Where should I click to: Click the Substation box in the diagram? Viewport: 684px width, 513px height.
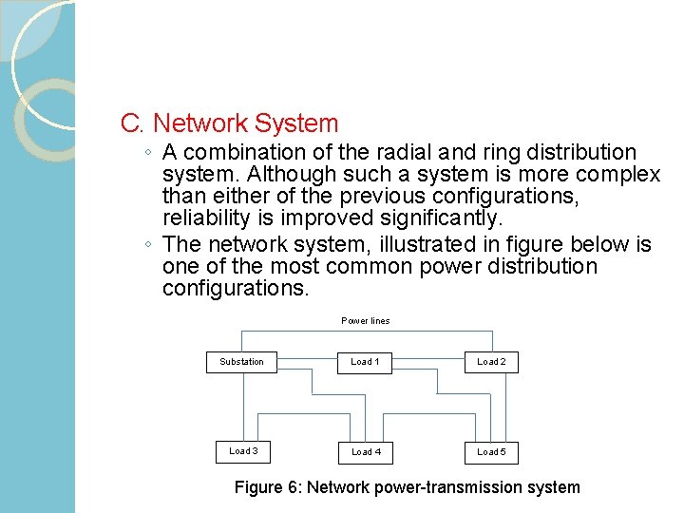(242, 362)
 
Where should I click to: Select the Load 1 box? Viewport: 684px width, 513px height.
(365, 362)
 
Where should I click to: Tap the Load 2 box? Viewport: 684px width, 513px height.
(491, 362)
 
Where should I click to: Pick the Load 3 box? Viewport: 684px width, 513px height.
(243, 451)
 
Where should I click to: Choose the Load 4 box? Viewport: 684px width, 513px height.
(366, 451)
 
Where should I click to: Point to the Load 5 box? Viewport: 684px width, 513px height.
(491, 451)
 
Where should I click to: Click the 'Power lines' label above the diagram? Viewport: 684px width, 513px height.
(366, 321)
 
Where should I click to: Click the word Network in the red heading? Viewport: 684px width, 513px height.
(198, 123)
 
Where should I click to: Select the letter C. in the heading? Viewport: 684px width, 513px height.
(132, 123)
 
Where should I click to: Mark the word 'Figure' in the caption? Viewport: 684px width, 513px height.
(257, 487)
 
